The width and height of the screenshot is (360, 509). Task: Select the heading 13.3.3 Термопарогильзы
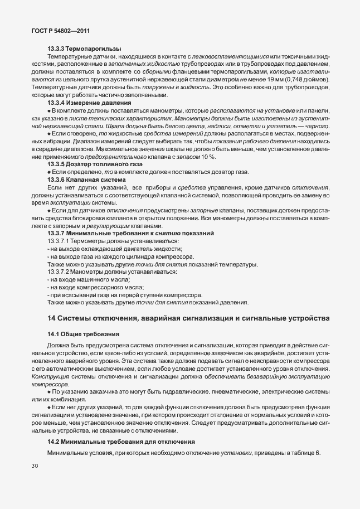pos(85,49)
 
